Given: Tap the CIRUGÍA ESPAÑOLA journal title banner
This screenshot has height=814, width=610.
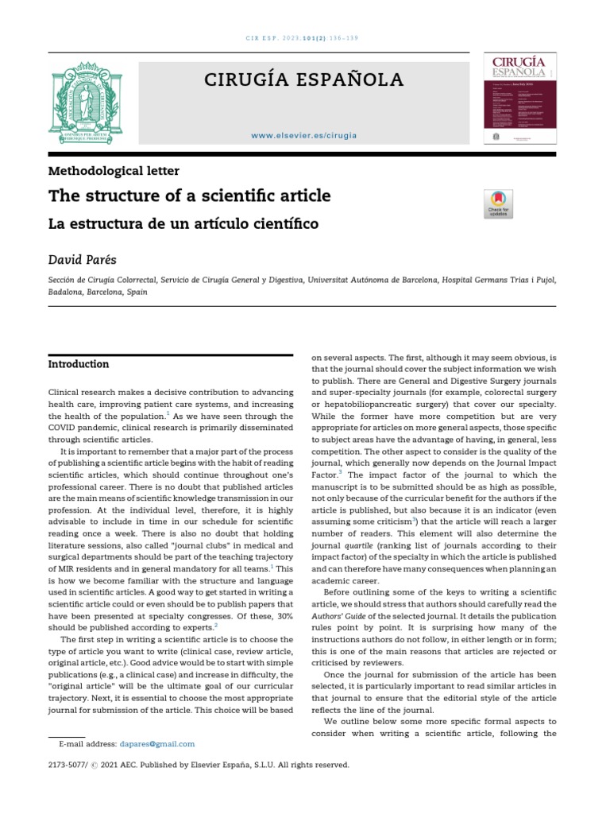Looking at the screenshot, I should pyautogui.click(x=304, y=79).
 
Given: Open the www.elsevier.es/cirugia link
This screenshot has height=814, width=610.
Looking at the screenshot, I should pyautogui.click(x=304, y=135).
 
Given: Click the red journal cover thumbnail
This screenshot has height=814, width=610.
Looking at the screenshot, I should pyautogui.click(x=520, y=99).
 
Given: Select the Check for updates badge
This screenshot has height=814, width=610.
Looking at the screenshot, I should pyautogui.click(x=498, y=203).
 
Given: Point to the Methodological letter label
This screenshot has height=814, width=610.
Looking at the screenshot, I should pyautogui.click(x=114, y=170).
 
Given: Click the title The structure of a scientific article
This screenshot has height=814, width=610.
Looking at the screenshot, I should pyautogui.click(x=190, y=196).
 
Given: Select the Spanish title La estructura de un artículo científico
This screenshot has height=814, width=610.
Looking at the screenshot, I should pyautogui.click(x=183, y=224).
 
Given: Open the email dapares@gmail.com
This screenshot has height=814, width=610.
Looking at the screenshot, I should pyautogui.click(x=157, y=744).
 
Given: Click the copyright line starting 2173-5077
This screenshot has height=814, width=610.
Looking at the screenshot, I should pyautogui.click(x=199, y=765).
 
